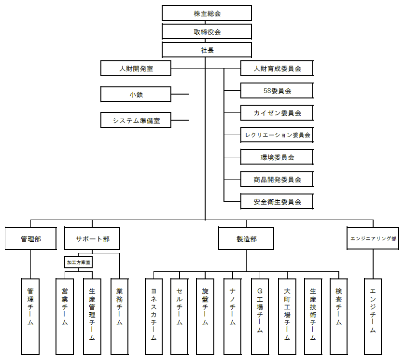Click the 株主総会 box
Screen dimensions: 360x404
point(207,13)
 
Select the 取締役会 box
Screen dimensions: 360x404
point(207,32)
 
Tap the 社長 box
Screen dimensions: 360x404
point(207,50)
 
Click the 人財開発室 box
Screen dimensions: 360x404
point(136,69)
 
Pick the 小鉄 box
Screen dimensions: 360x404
point(136,94)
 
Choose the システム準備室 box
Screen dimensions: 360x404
point(136,120)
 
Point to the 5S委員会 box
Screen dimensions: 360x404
point(277,90)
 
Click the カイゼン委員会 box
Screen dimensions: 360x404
point(277,113)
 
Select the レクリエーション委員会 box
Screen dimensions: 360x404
point(277,135)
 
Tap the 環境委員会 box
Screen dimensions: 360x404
point(277,157)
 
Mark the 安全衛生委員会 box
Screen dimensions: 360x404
point(277,202)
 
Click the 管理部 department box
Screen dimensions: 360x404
point(31,239)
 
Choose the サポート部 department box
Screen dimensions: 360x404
point(92,239)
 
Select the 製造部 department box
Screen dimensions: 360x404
point(246,239)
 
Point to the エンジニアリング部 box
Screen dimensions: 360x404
point(373,239)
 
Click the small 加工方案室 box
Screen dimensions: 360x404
point(78,263)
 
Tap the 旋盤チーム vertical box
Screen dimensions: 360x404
point(205,317)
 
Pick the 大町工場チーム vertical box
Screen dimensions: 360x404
point(287,317)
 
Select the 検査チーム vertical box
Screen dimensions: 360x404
point(339,317)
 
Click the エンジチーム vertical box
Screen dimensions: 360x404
point(373,317)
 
